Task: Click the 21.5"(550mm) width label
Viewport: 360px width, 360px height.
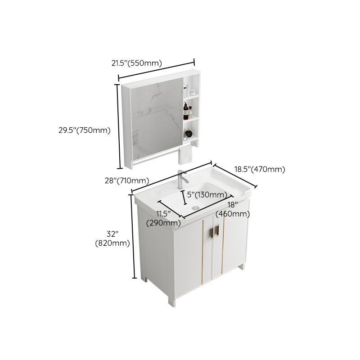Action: [x=136, y=63]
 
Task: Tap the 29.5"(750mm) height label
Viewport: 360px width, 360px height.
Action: [x=85, y=130]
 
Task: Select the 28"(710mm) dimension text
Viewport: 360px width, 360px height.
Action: [x=126, y=181]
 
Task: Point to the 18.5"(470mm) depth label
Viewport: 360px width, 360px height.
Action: [x=260, y=170]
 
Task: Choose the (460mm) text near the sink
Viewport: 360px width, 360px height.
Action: [x=232, y=214]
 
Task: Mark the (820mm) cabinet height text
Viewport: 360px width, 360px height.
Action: [x=112, y=243]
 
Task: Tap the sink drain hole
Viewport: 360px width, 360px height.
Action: [x=194, y=207]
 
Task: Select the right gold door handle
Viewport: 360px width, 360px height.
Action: [x=218, y=229]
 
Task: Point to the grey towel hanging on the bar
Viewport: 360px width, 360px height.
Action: [x=185, y=155]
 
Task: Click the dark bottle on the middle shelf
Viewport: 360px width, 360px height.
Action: [x=185, y=112]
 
